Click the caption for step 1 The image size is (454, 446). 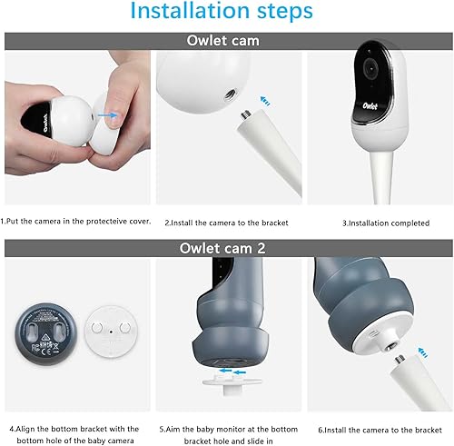click(74, 221)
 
